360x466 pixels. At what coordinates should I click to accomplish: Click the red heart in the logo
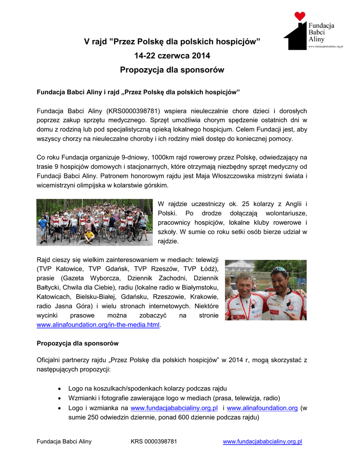(299, 16)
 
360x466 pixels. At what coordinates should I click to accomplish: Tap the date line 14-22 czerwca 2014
(172, 56)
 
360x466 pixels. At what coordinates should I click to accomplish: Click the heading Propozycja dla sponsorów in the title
(172, 70)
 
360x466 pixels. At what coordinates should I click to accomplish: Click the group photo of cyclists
(94, 222)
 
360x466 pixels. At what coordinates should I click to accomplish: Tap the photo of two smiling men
(265, 290)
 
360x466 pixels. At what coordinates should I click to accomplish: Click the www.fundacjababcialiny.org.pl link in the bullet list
(174, 408)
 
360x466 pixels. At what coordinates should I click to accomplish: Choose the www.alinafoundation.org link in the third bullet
(262, 408)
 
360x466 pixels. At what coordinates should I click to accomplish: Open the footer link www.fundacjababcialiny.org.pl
(263, 441)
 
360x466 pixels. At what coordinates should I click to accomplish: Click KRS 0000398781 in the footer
(154, 441)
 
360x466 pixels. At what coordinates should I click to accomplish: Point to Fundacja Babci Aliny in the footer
(64, 441)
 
